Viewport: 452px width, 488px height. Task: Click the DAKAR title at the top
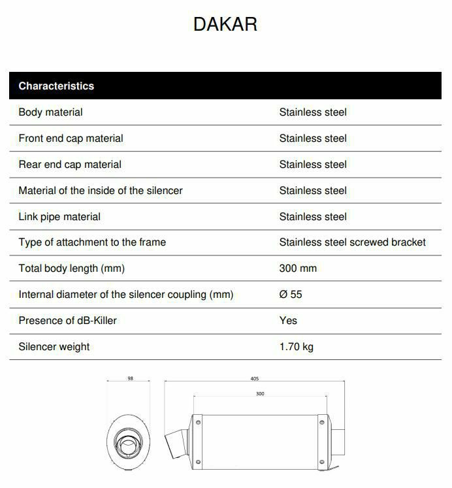pyautogui.click(x=225, y=24)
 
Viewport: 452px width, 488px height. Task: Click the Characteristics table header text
pyautogui.click(x=56, y=86)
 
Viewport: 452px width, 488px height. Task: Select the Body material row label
pyautogui.click(x=50, y=112)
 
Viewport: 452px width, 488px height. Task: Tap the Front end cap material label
pyautogui.click(x=71, y=138)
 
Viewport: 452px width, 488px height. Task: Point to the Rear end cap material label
pyautogui.click(x=70, y=165)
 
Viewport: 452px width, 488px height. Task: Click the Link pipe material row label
pyautogui.click(x=59, y=216)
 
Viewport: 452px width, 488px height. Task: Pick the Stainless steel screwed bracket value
pyautogui.click(x=352, y=242)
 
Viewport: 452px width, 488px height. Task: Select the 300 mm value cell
pyautogui.click(x=298, y=268)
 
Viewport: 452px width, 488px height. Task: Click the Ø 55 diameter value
pyautogui.click(x=291, y=295)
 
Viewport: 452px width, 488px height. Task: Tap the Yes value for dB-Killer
pyautogui.click(x=288, y=320)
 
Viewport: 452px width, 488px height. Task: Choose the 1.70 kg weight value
pyautogui.click(x=296, y=346)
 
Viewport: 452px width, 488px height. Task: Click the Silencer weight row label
pyautogui.click(x=54, y=346)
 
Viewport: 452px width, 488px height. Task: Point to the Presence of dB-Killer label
pyautogui.click(x=67, y=320)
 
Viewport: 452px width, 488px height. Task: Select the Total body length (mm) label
pyautogui.click(x=71, y=268)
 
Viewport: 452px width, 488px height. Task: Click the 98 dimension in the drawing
pyautogui.click(x=130, y=379)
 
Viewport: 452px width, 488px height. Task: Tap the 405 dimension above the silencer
pyautogui.click(x=254, y=379)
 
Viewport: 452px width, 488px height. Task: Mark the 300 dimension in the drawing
pyautogui.click(x=260, y=394)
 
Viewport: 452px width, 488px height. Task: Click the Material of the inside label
pyautogui.click(x=100, y=191)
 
